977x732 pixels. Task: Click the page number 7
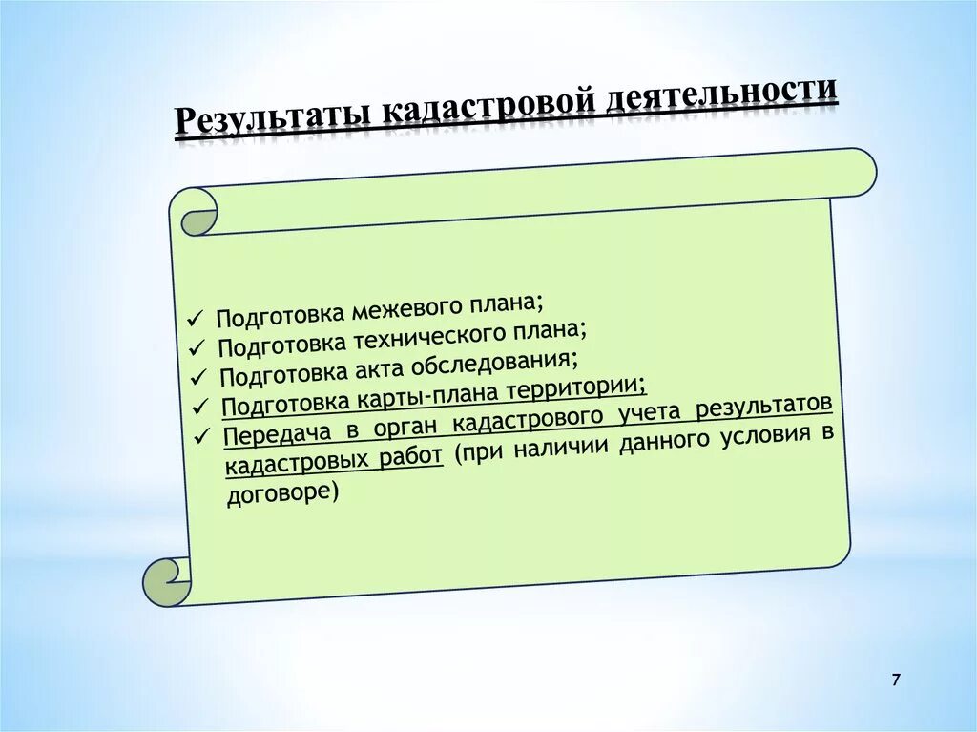896,680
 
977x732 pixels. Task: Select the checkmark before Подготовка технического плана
197,346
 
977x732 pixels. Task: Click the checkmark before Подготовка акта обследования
198,376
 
